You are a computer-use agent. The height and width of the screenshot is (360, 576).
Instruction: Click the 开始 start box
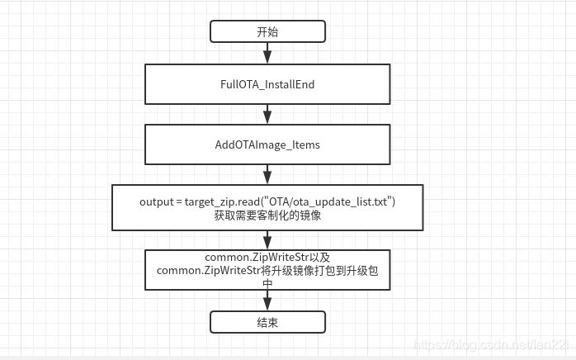267,31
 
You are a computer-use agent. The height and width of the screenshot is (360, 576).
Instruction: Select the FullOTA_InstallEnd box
267,84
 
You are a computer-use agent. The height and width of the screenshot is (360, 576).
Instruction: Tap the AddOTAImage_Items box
267,144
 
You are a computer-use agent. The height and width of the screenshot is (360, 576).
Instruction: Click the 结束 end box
267,322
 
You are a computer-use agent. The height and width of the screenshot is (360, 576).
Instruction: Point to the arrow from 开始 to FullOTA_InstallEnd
267,53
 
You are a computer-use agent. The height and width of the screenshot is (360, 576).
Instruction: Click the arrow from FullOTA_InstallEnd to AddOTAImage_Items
267,114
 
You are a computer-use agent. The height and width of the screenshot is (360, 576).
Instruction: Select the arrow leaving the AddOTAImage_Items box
267,174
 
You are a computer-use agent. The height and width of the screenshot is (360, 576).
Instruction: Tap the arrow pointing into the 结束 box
267,300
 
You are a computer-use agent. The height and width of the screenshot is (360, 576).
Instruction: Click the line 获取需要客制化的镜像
267,216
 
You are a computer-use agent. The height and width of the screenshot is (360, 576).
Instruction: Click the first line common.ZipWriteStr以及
267,257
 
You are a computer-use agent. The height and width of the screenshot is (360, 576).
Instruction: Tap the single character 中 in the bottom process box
267,282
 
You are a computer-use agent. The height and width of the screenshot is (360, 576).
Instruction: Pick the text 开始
267,31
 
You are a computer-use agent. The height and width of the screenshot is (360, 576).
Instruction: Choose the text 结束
267,322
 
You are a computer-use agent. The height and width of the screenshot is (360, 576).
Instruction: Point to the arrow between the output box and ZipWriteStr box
267,239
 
